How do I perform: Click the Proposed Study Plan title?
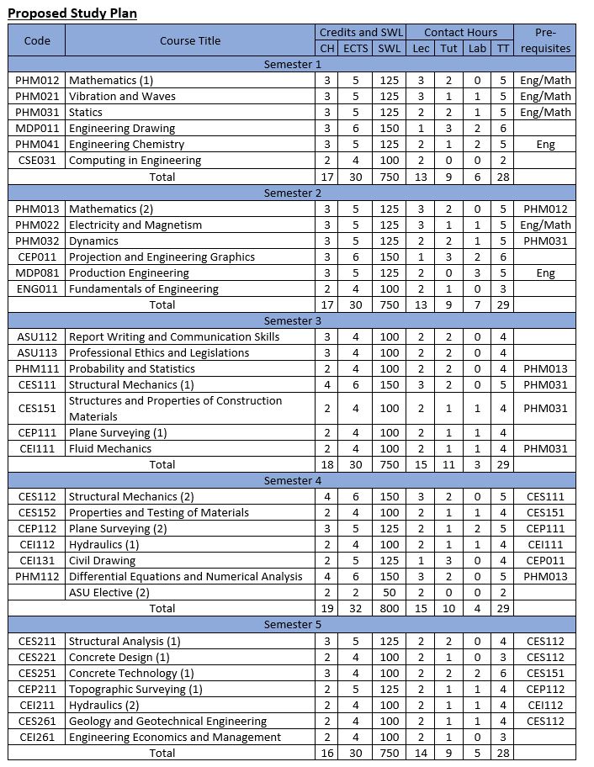tap(72, 13)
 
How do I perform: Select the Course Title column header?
tap(190, 40)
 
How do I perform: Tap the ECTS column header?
tap(356, 48)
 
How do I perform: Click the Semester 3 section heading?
tap(292, 320)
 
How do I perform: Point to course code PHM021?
tap(37, 96)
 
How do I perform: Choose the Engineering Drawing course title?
tap(122, 128)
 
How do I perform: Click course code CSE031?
tap(37, 160)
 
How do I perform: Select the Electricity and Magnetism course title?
tap(135, 225)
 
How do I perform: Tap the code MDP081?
tap(37, 272)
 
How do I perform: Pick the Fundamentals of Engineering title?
tap(143, 288)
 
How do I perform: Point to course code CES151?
tap(37, 408)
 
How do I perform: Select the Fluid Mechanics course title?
tap(110, 448)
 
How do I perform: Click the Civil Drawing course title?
tap(102, 560)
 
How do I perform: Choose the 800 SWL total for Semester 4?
tap(389, 608)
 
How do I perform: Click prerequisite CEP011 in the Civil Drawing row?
tap(545, 560)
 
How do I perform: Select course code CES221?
tap(37, 657)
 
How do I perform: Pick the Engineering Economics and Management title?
tap(175, 737)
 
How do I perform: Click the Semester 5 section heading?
tap(292, 624)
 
